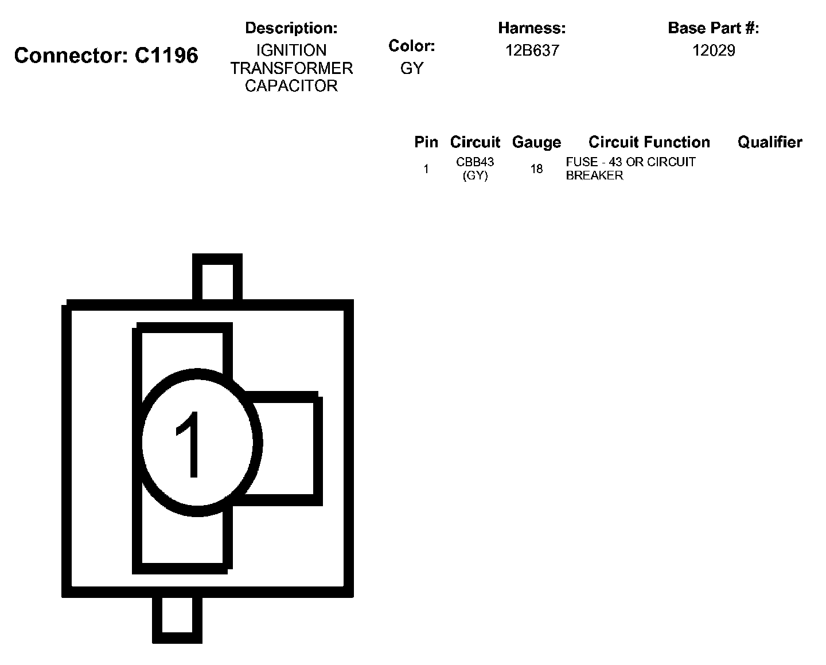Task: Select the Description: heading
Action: coord(291,28)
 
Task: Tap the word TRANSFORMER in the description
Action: coord(291,68)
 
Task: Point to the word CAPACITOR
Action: coord(291,86)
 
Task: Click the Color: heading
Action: coord(411,46)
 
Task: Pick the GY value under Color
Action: coord(411,68)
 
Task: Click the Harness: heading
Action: coord(532,28)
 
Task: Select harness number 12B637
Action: coord(532,50)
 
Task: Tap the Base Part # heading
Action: coord(713,28)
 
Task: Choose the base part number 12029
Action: coord(713,50)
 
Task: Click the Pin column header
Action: coord(426,142)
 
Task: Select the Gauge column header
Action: coord(536,142)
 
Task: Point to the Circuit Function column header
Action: coord(649,142)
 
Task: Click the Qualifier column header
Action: coord(770,142)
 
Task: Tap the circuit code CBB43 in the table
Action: coord(475,162)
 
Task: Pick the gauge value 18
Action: coord(536,169)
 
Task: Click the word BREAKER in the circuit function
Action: coord(594,175)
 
